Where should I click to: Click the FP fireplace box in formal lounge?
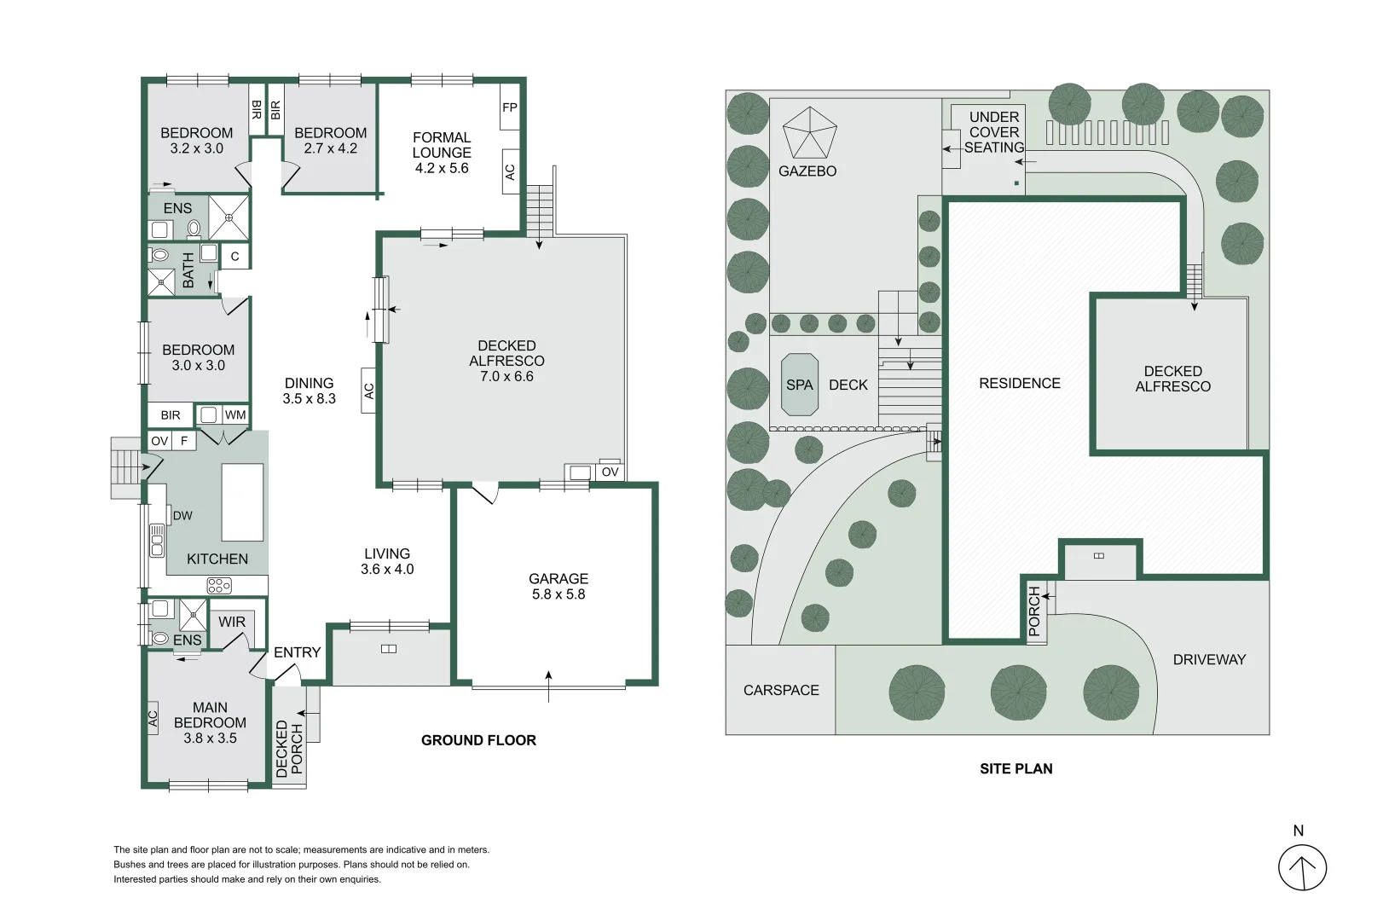[509, 107]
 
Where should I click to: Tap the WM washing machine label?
[235, 415]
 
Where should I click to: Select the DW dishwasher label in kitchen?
[182, 515]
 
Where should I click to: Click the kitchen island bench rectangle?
[242, 502]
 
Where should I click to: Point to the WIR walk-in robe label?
[232, 622]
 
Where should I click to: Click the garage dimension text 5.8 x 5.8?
[558, 594]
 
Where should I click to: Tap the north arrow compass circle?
[1302, 867]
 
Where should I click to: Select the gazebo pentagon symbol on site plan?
[810, 133]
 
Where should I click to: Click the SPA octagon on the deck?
[799, 385]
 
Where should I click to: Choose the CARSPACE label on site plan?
[781, 690]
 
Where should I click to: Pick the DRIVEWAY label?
[1209, 659]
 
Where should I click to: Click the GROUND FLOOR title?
[478, 740]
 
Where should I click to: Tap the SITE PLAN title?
[1016, 768]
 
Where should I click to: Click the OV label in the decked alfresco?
[610, 472]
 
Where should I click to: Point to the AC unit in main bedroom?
[153, 718]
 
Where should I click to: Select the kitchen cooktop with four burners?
[219, 585]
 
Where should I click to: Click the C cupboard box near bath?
[235, 256]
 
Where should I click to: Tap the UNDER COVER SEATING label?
[994, 132]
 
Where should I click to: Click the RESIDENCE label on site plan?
[1020, 383]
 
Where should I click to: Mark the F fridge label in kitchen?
[184, 441]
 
